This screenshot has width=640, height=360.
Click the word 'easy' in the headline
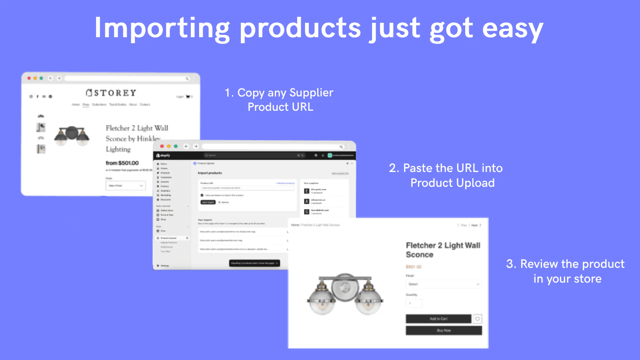[x=513, y=29]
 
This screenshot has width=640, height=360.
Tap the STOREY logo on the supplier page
[x=111, y=93]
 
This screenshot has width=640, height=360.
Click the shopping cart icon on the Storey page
[x=187, y=97]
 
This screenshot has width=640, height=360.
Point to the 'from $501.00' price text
[x=122, y=163]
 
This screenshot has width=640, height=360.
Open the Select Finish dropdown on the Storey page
[x=126, y=186]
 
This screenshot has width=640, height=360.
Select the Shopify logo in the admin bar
[x=163, y=155]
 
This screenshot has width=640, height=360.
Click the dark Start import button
[x=208, y=202]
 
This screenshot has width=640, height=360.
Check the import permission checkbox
[x=202, y=195]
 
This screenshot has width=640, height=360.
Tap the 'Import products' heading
[x=210, y=173]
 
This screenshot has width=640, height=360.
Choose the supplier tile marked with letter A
[x=307, y=201]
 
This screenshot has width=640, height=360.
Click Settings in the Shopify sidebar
[x=164, y=266]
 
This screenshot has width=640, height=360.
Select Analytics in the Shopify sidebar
[x=165, y=191]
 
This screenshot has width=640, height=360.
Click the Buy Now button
[x=444, y=330]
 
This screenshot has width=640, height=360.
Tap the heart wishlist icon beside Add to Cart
[x=477, y=319]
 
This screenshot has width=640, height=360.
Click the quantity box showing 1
[x=414, y=303]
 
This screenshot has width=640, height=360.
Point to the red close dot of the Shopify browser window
[x=162, y=146]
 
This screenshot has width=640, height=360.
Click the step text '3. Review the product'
[x=565, y=264]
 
